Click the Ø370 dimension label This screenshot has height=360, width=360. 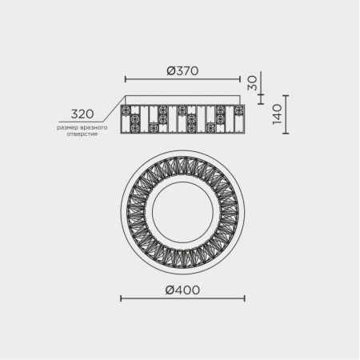[182, 70]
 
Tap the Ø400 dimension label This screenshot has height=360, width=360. [182, 290]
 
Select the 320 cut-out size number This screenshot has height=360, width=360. [82, 114]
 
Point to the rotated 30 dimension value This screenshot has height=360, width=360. [252, 83]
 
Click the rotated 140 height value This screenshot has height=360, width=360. [278, 114]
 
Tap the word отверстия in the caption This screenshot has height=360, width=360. [82, 134]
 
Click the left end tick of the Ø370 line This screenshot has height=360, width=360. [126, 79]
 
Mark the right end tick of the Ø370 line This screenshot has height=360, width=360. [240, 79]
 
